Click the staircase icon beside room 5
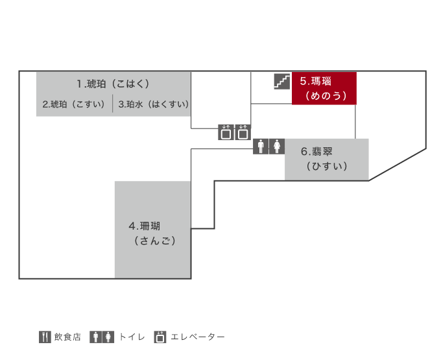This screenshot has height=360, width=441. [282, 82]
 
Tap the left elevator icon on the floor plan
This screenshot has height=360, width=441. [226, 132]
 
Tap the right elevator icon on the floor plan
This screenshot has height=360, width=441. [243, 132]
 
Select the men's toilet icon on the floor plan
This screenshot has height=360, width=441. [261, 147]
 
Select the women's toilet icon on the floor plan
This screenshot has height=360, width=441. [277, 147]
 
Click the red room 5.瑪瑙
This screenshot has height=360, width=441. [324, 88]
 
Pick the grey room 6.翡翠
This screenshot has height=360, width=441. [327, 159]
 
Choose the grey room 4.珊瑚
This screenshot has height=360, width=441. [152, 230]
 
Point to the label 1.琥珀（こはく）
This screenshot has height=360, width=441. [113, 84]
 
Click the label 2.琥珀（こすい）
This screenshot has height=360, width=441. [74, 104]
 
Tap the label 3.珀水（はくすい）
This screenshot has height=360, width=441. [154, 104]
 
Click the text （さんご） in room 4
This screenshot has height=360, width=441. [155, 241]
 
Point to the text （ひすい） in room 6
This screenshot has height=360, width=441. [327, 166]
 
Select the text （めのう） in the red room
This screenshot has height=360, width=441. [326, 95]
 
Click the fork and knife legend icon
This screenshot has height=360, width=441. [45, 337]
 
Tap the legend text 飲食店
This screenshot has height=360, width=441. [67, 337]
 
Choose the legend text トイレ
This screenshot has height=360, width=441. [132, 337]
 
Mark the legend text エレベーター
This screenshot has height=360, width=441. [198, 337]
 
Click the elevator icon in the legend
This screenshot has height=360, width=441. [160, 337]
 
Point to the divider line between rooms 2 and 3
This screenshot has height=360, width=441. [113, 104]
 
